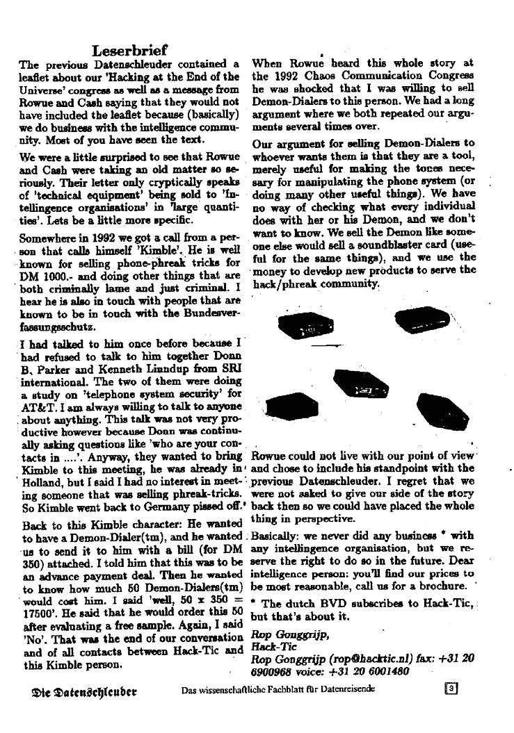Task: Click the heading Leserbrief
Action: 129,50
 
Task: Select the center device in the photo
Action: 361,382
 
